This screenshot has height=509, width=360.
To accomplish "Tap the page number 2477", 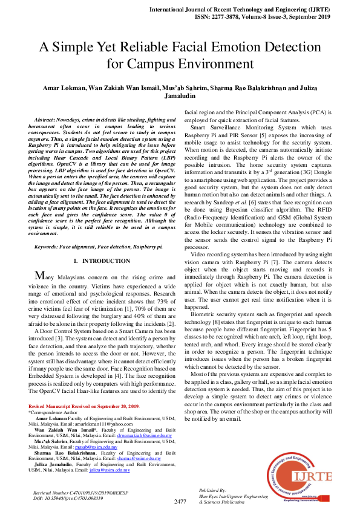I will pyautogui.click(x=180, y=501).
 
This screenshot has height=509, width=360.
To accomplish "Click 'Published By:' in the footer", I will pyautogui.click(x=212, y=490).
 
